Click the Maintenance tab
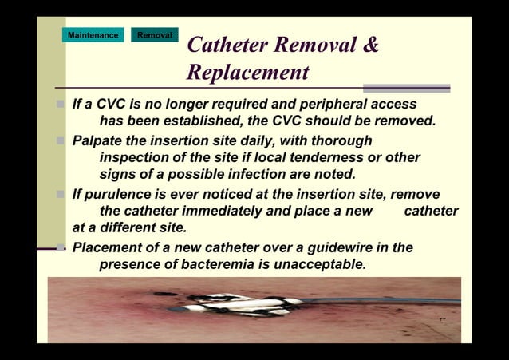click(x=93, y=35)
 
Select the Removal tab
click(x=154, y=35)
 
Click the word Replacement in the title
click(x=247, y=73)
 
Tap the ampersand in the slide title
click(x=370, y=45)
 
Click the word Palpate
click(x=99, y=140)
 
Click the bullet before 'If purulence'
click(x=61, y=194)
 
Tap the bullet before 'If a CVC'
click(x=61, y=105)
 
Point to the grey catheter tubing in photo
click(x=383, y=301)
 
